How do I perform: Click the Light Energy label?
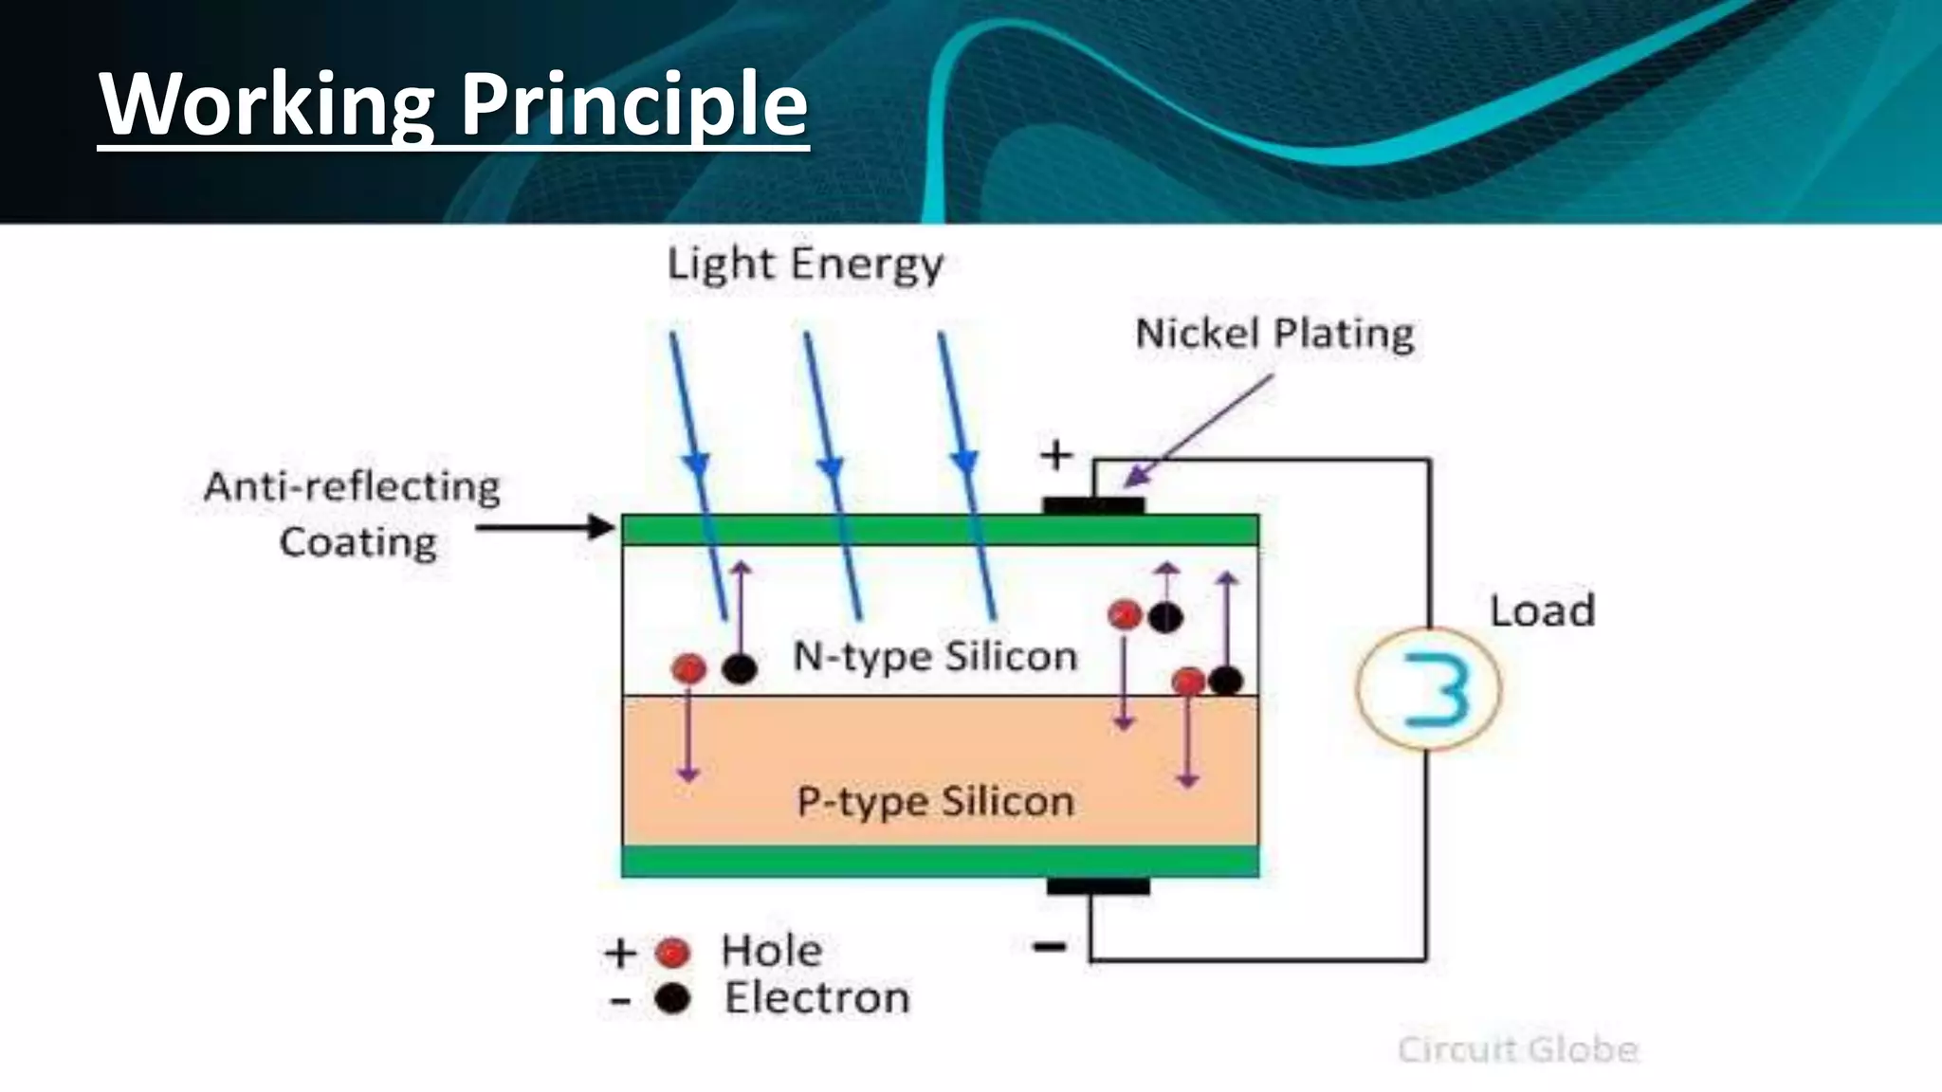805,264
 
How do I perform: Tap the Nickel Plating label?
1274,334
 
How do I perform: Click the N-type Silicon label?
935,656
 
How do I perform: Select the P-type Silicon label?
935,802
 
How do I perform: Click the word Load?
1542,610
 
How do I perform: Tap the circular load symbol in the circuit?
1429,689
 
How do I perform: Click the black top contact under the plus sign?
1093,506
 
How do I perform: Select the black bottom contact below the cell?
1098,887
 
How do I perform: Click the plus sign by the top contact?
1056,456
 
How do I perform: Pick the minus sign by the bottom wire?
1049,946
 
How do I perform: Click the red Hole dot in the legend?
672,952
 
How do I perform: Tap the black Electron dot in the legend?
672,998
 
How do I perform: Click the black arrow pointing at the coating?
545,527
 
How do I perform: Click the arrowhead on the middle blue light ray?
831,467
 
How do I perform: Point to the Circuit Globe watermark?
1517,1049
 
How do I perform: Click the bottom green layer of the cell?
940,861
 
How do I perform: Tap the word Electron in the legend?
816,998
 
